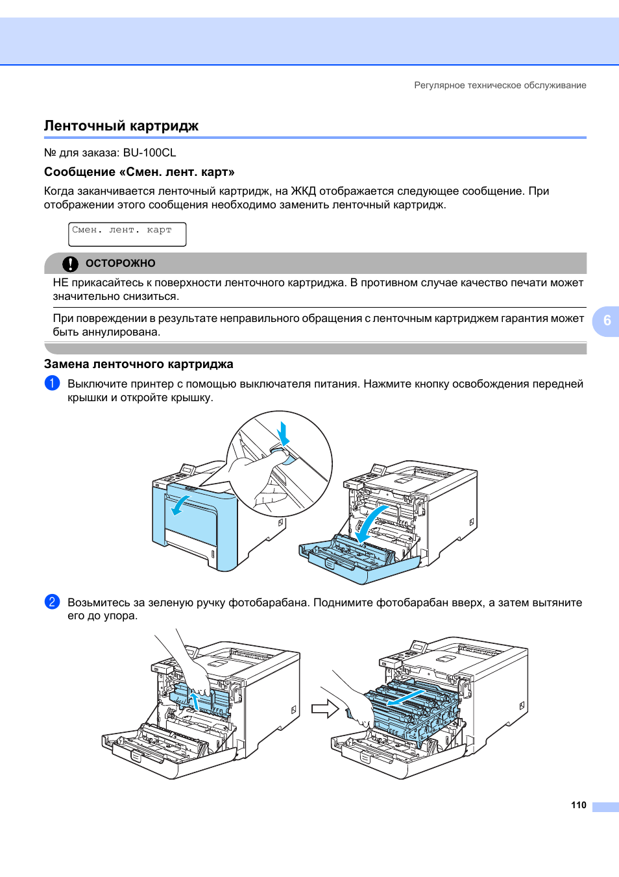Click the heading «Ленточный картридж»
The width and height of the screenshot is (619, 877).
point(121,126)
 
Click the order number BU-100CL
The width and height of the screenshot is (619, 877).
point(149,153)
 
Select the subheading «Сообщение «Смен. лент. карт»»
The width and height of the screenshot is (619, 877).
point(139,172)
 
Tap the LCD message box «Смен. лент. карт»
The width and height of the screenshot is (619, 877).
point(127,234)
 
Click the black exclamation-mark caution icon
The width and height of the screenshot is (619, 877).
point(70,264)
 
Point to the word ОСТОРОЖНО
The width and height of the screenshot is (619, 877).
point(121,264)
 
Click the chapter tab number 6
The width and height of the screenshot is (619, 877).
point(607,321)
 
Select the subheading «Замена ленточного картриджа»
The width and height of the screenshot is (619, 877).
point(138,364)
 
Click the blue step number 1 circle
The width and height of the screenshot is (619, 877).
point(52,383)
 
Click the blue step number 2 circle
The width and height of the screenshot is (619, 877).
point(52,602)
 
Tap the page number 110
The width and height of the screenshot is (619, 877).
point(578,805)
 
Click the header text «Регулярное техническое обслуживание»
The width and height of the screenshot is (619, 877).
point(500,85)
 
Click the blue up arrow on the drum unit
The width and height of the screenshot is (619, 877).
point(193,700)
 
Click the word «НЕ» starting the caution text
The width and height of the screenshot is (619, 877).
point(60,283)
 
